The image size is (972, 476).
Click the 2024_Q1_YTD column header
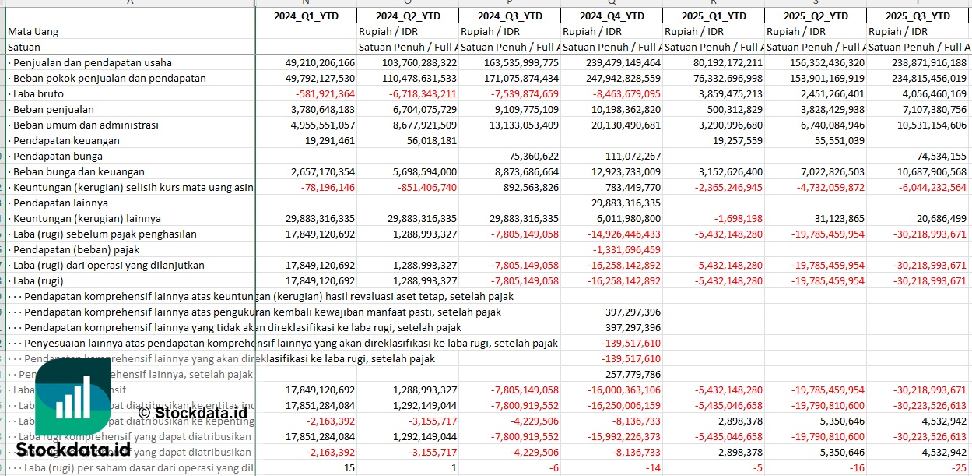tap(306, 16)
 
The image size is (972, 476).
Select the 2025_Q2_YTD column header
tap(815, 16)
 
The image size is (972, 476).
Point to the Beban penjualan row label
tap(53, 109)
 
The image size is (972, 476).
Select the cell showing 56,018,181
tap(428, 140)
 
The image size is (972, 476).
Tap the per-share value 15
tap(349, 467)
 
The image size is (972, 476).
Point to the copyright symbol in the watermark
tap(144, 413)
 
